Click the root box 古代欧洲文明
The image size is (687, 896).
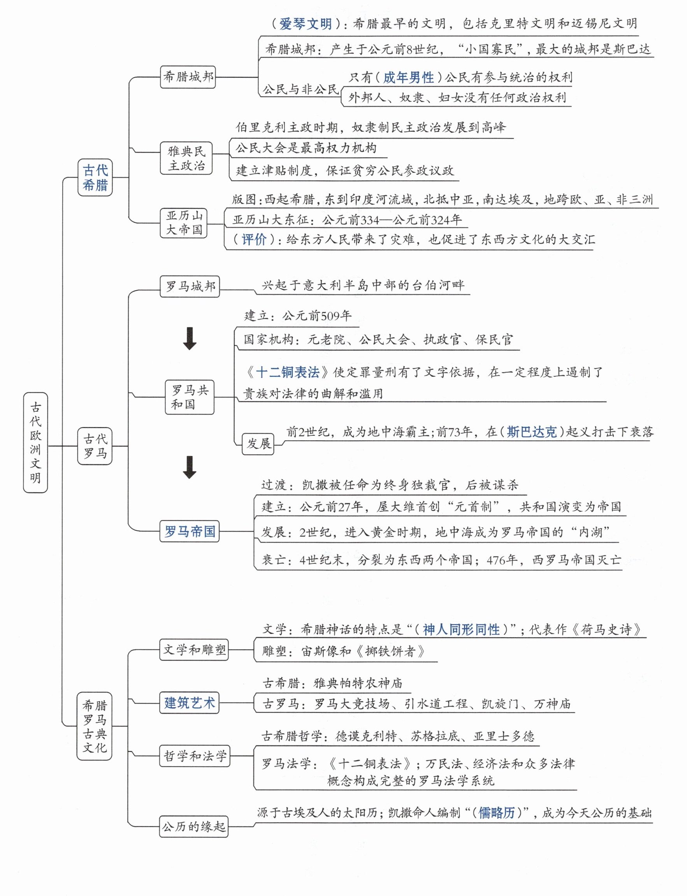pyautogui.click(x=35, y=443)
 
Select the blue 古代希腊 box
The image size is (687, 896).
pyautogui.click(x=95, y=177)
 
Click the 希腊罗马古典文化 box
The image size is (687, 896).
pyautogui.click(x=95, y=726)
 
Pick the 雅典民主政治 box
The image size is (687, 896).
pyautogui.click(x=186, y=158)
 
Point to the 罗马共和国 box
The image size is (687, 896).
pyautogui.click(x=189, y=397)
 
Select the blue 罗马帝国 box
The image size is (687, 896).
pyautogui.click(x=189, y=531)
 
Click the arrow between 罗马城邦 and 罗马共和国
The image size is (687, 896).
pyautogui.click(x=189, y=338)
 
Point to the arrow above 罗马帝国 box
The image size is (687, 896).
pyautogui.click(x=189, y=467)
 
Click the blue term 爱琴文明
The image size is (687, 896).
pyautogui.click(x=306, y=24)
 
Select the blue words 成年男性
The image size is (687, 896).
pyautogui.click(x=408, y=77)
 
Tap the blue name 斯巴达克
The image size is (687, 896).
pyautogui.click(x=532, y=432)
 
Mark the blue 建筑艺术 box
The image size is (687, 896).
pyautogui.click(x=189, y=703)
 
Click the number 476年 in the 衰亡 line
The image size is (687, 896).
pyautogui.click(x=502, y=560)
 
